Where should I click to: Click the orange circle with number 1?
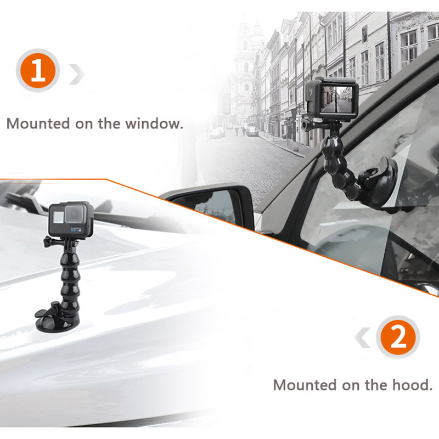click(x=38, y=70)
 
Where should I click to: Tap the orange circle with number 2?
click(x=398, y=337)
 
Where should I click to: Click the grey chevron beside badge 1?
click(x=77, y=74)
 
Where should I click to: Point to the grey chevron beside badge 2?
click(x=363, y=337)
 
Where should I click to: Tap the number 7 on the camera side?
click(x=311, y=92)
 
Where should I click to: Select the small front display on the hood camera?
click(x=58, y=217)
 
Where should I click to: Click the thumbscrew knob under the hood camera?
click(x=48, y=241)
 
